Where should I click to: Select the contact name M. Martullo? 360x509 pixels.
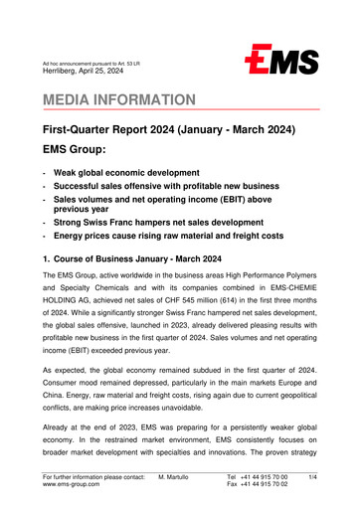[176, 477]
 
